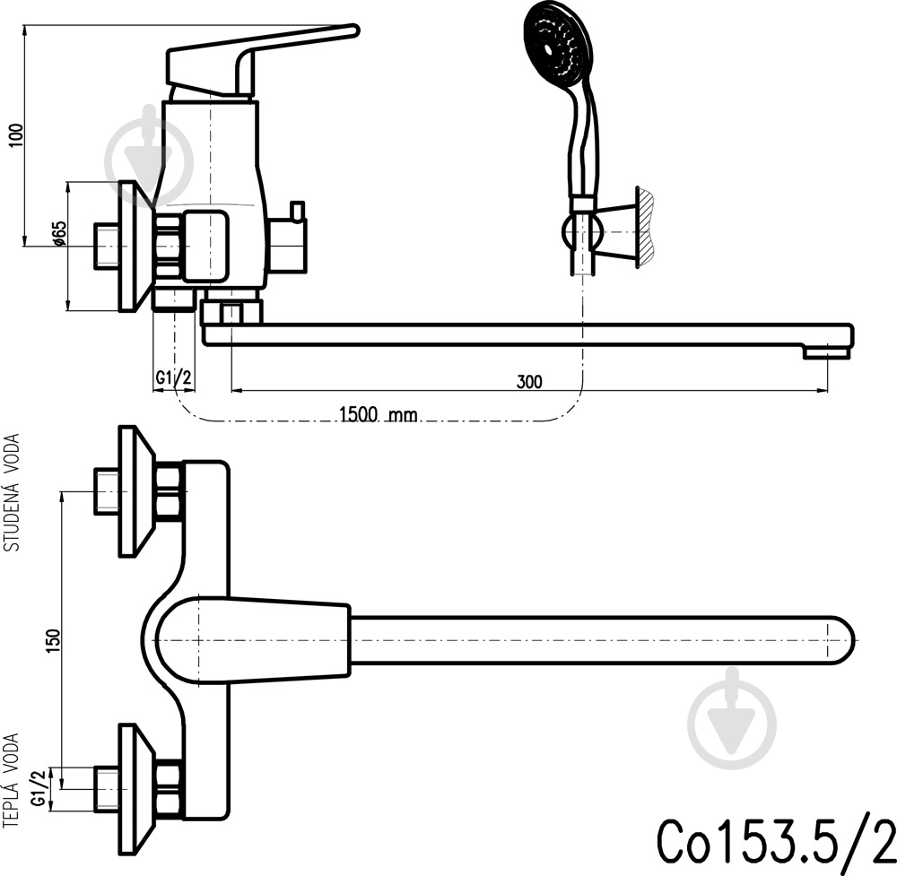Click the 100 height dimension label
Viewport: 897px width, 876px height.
click(17, 135)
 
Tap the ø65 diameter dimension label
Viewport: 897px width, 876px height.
click(59, 234)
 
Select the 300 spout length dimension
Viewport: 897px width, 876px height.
click(529, 381)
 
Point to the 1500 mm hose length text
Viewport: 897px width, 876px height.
click(379, 413)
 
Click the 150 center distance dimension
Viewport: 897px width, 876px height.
click(53, 640)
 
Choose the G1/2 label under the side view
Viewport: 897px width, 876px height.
click(173, 377)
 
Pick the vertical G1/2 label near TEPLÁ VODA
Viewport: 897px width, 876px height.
click(39, 788)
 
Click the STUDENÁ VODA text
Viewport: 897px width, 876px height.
click(12, 492)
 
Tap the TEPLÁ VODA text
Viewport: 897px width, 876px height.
click(12, 780)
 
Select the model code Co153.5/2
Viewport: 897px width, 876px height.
click(776, 842)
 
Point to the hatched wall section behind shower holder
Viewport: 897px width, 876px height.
click(645, 227)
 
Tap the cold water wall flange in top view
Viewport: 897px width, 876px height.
click(136, 491)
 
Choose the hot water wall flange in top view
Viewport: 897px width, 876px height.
click(136, 790)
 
